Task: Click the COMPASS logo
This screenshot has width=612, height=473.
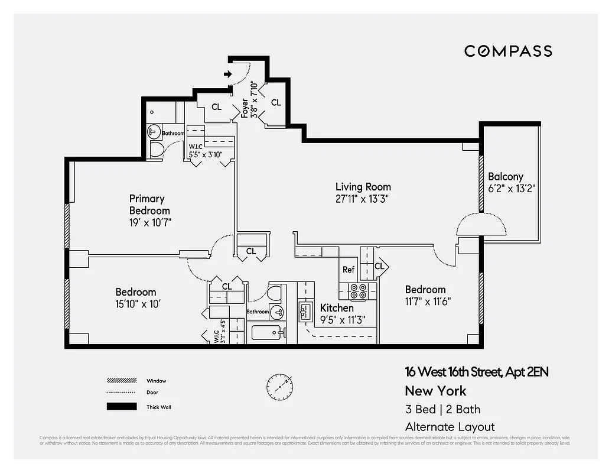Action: click(508, 51)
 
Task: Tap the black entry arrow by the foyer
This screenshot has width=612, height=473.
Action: click(228, 74)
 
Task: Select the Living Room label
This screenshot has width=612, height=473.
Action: click(363, 187)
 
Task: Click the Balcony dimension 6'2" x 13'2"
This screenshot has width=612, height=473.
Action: click(512, 189)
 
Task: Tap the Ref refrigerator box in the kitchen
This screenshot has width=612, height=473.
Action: click(348, 270)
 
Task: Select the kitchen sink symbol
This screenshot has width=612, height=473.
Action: click(305, 311)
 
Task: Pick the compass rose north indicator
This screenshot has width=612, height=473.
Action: click(279, 387)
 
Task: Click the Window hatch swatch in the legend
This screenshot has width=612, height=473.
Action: click(118, 381)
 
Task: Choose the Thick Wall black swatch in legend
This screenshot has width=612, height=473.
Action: click(118, 407)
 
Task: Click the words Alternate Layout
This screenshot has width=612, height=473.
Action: click(450, 426)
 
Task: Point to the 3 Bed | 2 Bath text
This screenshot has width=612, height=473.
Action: click(442, 409)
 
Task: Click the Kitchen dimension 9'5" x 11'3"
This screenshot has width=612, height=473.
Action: click(343, 320)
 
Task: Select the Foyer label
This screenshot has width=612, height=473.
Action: click(245, 109)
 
